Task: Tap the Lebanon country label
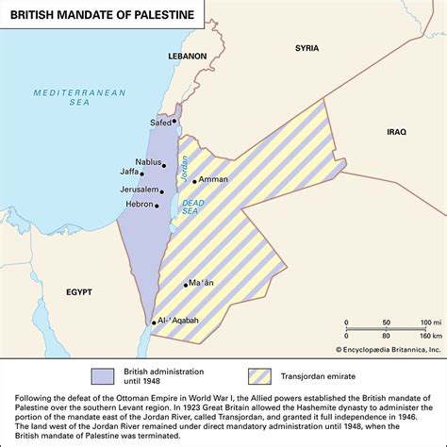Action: pos(188,57)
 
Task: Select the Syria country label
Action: pos(306,47)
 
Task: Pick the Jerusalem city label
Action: pos(138,190)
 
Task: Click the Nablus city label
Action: pos(148,161)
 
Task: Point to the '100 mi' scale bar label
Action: pos(423,323)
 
